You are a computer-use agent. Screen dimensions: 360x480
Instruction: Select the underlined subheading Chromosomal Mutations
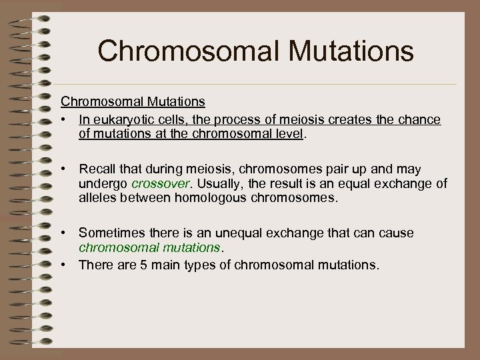[133, 103]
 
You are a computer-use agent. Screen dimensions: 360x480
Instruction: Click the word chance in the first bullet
[419, 119]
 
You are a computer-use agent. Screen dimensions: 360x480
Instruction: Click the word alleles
[97, 198]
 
